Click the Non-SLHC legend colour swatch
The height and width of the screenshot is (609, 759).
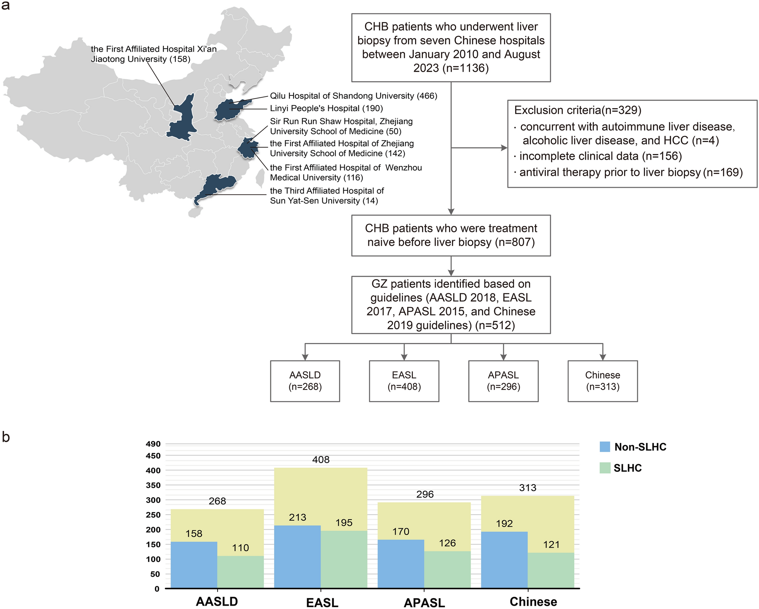[605, 447]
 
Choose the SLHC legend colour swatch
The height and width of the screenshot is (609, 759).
[605, 468]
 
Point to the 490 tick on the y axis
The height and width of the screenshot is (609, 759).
[153, 444]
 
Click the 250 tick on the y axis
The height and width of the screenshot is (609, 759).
[153, 515]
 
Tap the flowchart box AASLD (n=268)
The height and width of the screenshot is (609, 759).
[305, 381]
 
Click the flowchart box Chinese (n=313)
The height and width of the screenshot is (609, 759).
[602, 381]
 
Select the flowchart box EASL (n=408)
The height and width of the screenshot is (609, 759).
[404, 381]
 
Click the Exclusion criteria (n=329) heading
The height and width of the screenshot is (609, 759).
[578, 110]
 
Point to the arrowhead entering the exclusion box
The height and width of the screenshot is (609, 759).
[504, 148]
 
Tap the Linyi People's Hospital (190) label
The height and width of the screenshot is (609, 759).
[326, 108]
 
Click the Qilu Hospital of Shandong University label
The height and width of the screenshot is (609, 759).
[353, 96]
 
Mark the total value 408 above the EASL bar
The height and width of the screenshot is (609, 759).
[321, 460]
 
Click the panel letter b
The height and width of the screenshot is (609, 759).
[6, 437]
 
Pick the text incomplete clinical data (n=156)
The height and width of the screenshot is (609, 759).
[600, 156]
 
